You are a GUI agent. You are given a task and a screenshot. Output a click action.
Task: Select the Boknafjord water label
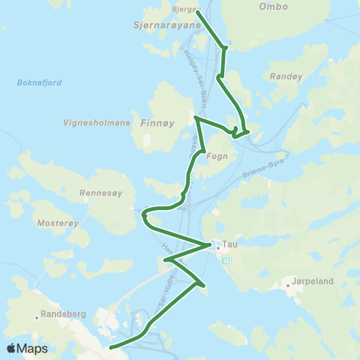click(x=37, y=82)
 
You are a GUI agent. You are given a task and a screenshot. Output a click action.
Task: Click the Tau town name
click(x=229, y=244)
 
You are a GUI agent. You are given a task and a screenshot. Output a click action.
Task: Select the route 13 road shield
click(x=227, y=259)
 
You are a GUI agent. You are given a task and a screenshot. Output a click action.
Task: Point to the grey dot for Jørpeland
click(x=288, y=285)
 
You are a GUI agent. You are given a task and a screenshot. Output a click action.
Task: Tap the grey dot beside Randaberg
click(x=37, y=317)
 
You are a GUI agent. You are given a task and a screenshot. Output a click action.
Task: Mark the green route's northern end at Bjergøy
click(x=197, y=11)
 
